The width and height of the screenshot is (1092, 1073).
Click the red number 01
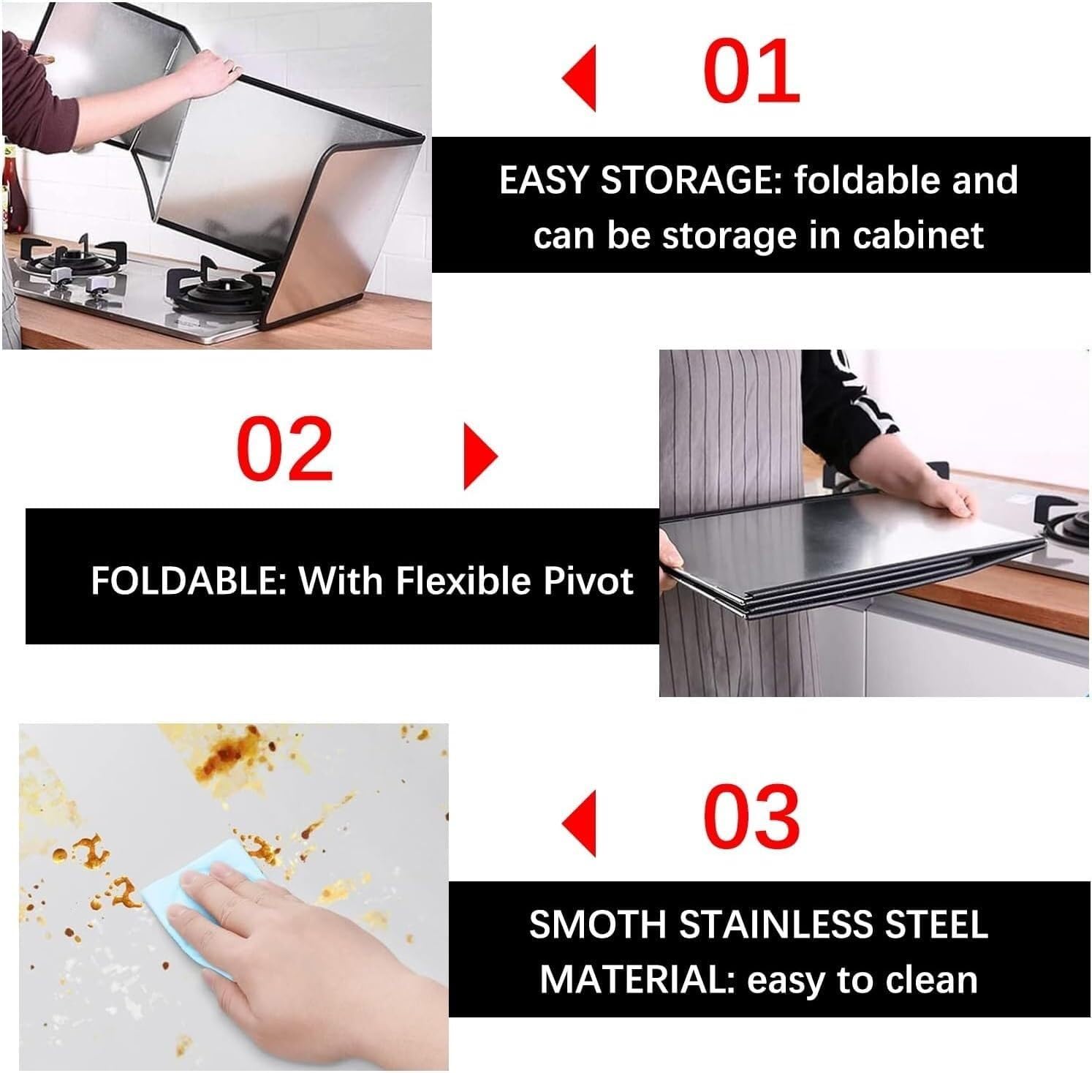pyautogui.click(x=751, y=72)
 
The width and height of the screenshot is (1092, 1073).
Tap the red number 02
pyautogui.click(x=285, y=448)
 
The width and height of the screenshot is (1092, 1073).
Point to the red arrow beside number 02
pyautogui.click(x=480, y=456)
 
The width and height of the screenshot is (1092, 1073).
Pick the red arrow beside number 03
pyautogui.click(x=580, y=823)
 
